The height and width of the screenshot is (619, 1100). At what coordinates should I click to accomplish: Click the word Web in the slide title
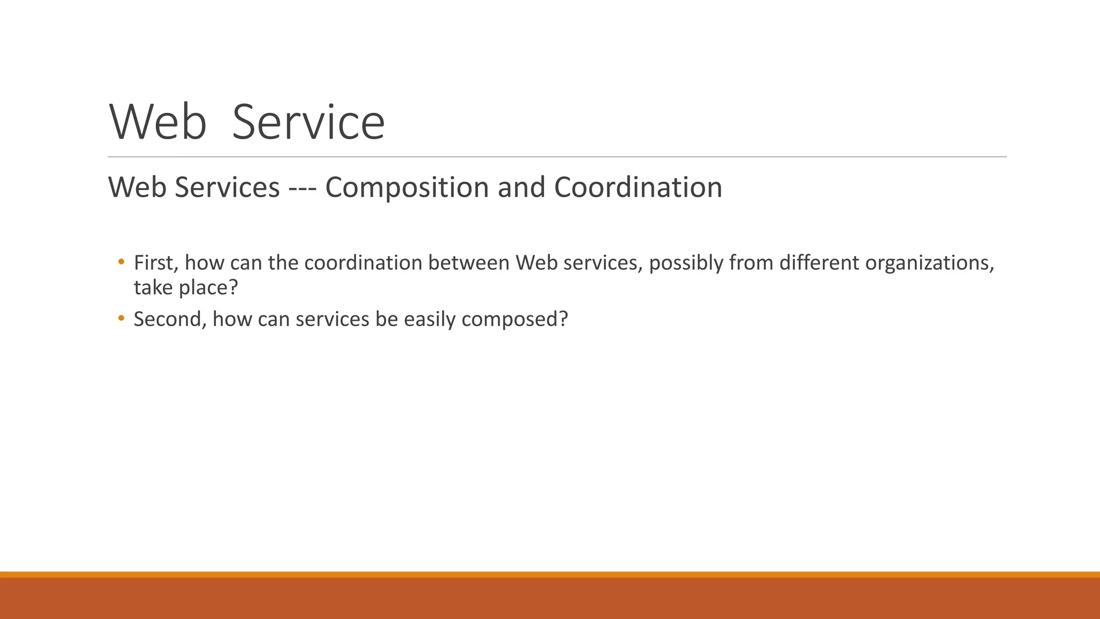(x=158, y=123)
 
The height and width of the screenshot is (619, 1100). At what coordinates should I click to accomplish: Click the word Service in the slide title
(x=308, y=123)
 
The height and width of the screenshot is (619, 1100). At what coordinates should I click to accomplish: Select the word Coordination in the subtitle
(x=638, y=187)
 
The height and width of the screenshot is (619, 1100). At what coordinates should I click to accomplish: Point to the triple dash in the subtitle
(x=302, y=188)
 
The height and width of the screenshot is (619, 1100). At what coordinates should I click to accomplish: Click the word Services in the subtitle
(x=227, y=187)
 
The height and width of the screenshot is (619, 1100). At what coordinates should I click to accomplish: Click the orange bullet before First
(x=121, y=262)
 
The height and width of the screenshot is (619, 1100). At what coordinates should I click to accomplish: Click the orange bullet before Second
(x=121, y=319)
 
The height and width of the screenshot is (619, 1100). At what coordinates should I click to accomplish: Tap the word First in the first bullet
(x=156, y=263)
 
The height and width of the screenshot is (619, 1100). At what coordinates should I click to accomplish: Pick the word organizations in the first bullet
(x=929, y=263)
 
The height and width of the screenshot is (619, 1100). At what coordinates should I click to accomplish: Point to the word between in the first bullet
(x=468, y=263)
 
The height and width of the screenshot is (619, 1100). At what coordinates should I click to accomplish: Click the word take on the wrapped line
(x=153, y=287)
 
